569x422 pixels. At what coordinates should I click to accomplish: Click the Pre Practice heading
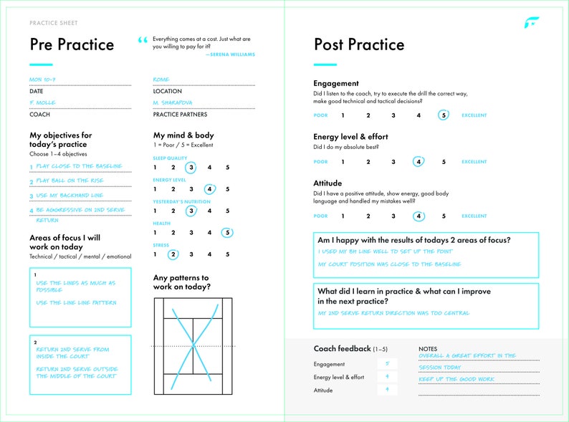pos(72,44)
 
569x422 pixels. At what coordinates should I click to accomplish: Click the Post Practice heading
pos(359,44)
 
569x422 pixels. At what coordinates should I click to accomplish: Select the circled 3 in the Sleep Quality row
pos(191,168)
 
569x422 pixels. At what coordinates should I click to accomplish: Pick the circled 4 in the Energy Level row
pos(209,190)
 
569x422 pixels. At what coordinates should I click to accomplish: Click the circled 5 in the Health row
pos(227,232)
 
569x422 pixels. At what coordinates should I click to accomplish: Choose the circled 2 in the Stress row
pos(173,254)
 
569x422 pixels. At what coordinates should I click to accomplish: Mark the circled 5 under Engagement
pos(444,115)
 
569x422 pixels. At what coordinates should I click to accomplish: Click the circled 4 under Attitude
pos(419,216)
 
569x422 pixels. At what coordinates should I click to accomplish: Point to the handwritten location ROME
pos(161,80)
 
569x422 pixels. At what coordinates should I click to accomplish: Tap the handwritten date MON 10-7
pos(43,80)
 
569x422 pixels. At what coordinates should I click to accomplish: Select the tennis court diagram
pos(193,345)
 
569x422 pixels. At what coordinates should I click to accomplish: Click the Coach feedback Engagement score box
pos(387,364)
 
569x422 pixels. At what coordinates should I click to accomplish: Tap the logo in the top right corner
pos(531,24)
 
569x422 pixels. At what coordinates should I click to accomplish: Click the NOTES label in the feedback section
pos(428,349)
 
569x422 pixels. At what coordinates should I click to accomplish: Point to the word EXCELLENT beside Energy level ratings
pos(474,162)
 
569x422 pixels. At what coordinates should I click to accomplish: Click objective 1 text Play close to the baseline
pos(79,166)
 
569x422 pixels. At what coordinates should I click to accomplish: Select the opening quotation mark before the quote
pos(141,42)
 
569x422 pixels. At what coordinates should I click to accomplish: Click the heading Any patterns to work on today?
pos(182,282)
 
